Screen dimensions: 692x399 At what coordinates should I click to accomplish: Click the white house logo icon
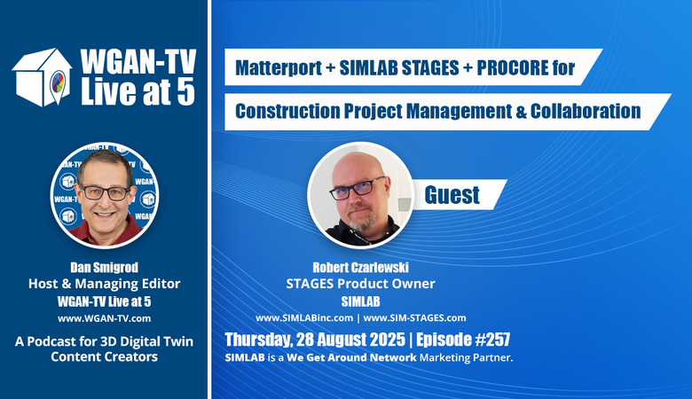point(42,77)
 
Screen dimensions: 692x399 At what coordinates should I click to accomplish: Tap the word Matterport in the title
point(279,68)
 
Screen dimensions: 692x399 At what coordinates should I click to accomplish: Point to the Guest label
point(452,195)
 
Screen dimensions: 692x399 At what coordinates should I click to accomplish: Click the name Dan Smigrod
point(104,267)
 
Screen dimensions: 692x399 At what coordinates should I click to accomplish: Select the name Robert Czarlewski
point(360,267)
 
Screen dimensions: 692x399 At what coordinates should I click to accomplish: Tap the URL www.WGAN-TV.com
point(104,318)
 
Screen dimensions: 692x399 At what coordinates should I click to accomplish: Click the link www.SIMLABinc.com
point(304,318)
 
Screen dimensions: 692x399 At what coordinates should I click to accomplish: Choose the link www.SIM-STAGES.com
point(414,318)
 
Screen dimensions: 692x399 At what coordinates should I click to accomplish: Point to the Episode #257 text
point(463,340)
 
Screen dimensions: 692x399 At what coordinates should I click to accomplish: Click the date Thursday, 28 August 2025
point(315,340)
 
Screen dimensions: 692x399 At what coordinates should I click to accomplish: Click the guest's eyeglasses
point(357,188)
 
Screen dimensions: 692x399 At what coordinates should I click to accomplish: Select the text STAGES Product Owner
point(360,284)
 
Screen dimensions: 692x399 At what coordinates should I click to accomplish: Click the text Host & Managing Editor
point(104,284)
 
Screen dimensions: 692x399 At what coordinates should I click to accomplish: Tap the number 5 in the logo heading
point(185,91)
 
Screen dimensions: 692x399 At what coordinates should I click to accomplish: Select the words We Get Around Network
point(351,357)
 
